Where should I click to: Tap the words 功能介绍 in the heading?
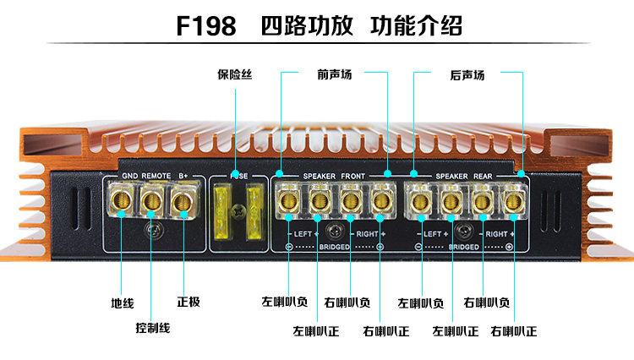[x=417, y=25]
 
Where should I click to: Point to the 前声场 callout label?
[x=334, y=75]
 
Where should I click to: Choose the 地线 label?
[x=122, y=302]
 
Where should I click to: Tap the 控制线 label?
[x=153, y=327]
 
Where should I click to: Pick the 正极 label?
[x=189, y=302]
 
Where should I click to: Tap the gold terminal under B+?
[x=181, y=201]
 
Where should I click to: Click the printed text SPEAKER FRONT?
[x=334, y=175]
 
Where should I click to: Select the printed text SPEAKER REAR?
[x=464, y=175]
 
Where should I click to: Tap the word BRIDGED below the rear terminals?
[x=464, y=247]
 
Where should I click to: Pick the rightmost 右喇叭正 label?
[x=513, y=331]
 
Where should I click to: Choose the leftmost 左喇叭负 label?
[x=283, y=302]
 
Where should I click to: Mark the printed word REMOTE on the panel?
[x=156, y=175]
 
